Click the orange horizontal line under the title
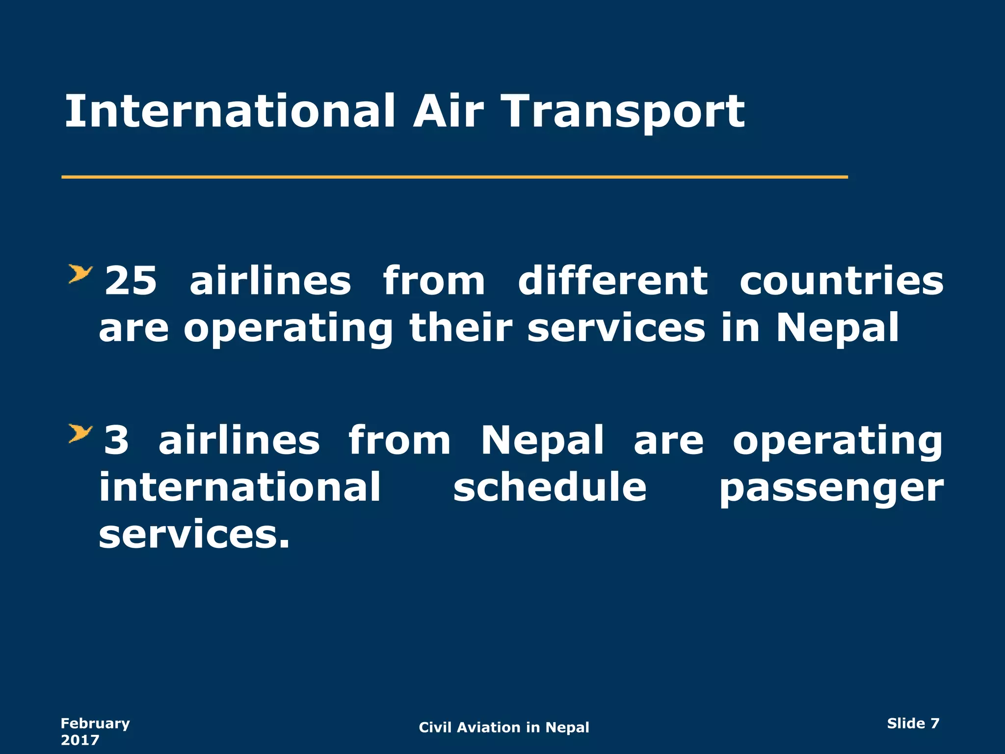(454, 177)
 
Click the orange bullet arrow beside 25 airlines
(80, 274)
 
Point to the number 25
(131, 281)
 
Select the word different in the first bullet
(613, 281)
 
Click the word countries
(841, 281)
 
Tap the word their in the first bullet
(461, 328)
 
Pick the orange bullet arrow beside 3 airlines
(80, 433)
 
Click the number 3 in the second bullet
(117, 440)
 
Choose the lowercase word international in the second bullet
(240, 487)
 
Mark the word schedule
(550, 487)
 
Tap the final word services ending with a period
(194, 534)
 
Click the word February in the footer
(95, 723)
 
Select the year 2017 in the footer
(80, 740)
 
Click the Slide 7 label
(913, 723)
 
